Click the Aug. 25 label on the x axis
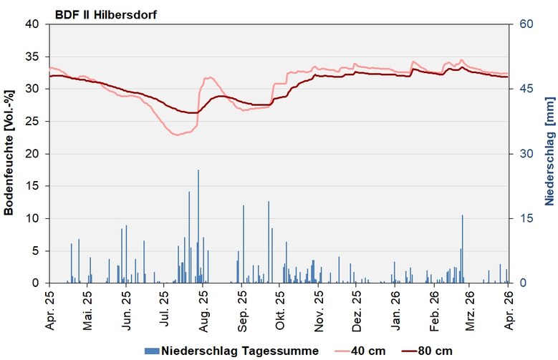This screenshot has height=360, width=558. point(203,310)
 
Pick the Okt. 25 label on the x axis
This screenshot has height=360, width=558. point(280,310)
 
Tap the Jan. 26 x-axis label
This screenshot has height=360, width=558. point(396,310)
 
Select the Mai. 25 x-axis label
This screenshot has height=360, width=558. point(87,310)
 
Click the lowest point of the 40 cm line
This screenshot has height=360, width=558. point(176,135)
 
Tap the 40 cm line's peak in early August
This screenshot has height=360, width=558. point(210,77)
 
